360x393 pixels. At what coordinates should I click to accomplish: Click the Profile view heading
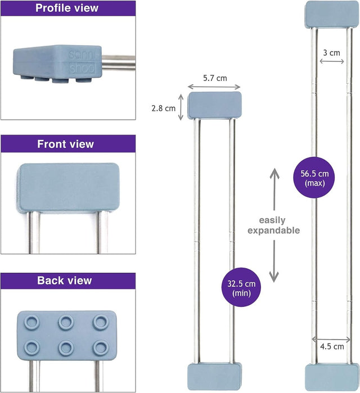tap(67, 8)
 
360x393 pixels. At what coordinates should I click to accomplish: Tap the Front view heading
tap(66, 144)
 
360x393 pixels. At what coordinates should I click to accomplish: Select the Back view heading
tap(64, 280)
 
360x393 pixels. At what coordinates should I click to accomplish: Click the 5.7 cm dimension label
tap(214, 78)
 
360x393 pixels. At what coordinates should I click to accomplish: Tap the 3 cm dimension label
tap(332, 52)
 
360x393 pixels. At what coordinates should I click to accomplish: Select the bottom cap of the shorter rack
tap(214, 377)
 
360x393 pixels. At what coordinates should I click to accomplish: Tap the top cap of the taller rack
tap(331, 13)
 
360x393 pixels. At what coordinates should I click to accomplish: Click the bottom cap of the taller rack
tap(331, 378)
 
